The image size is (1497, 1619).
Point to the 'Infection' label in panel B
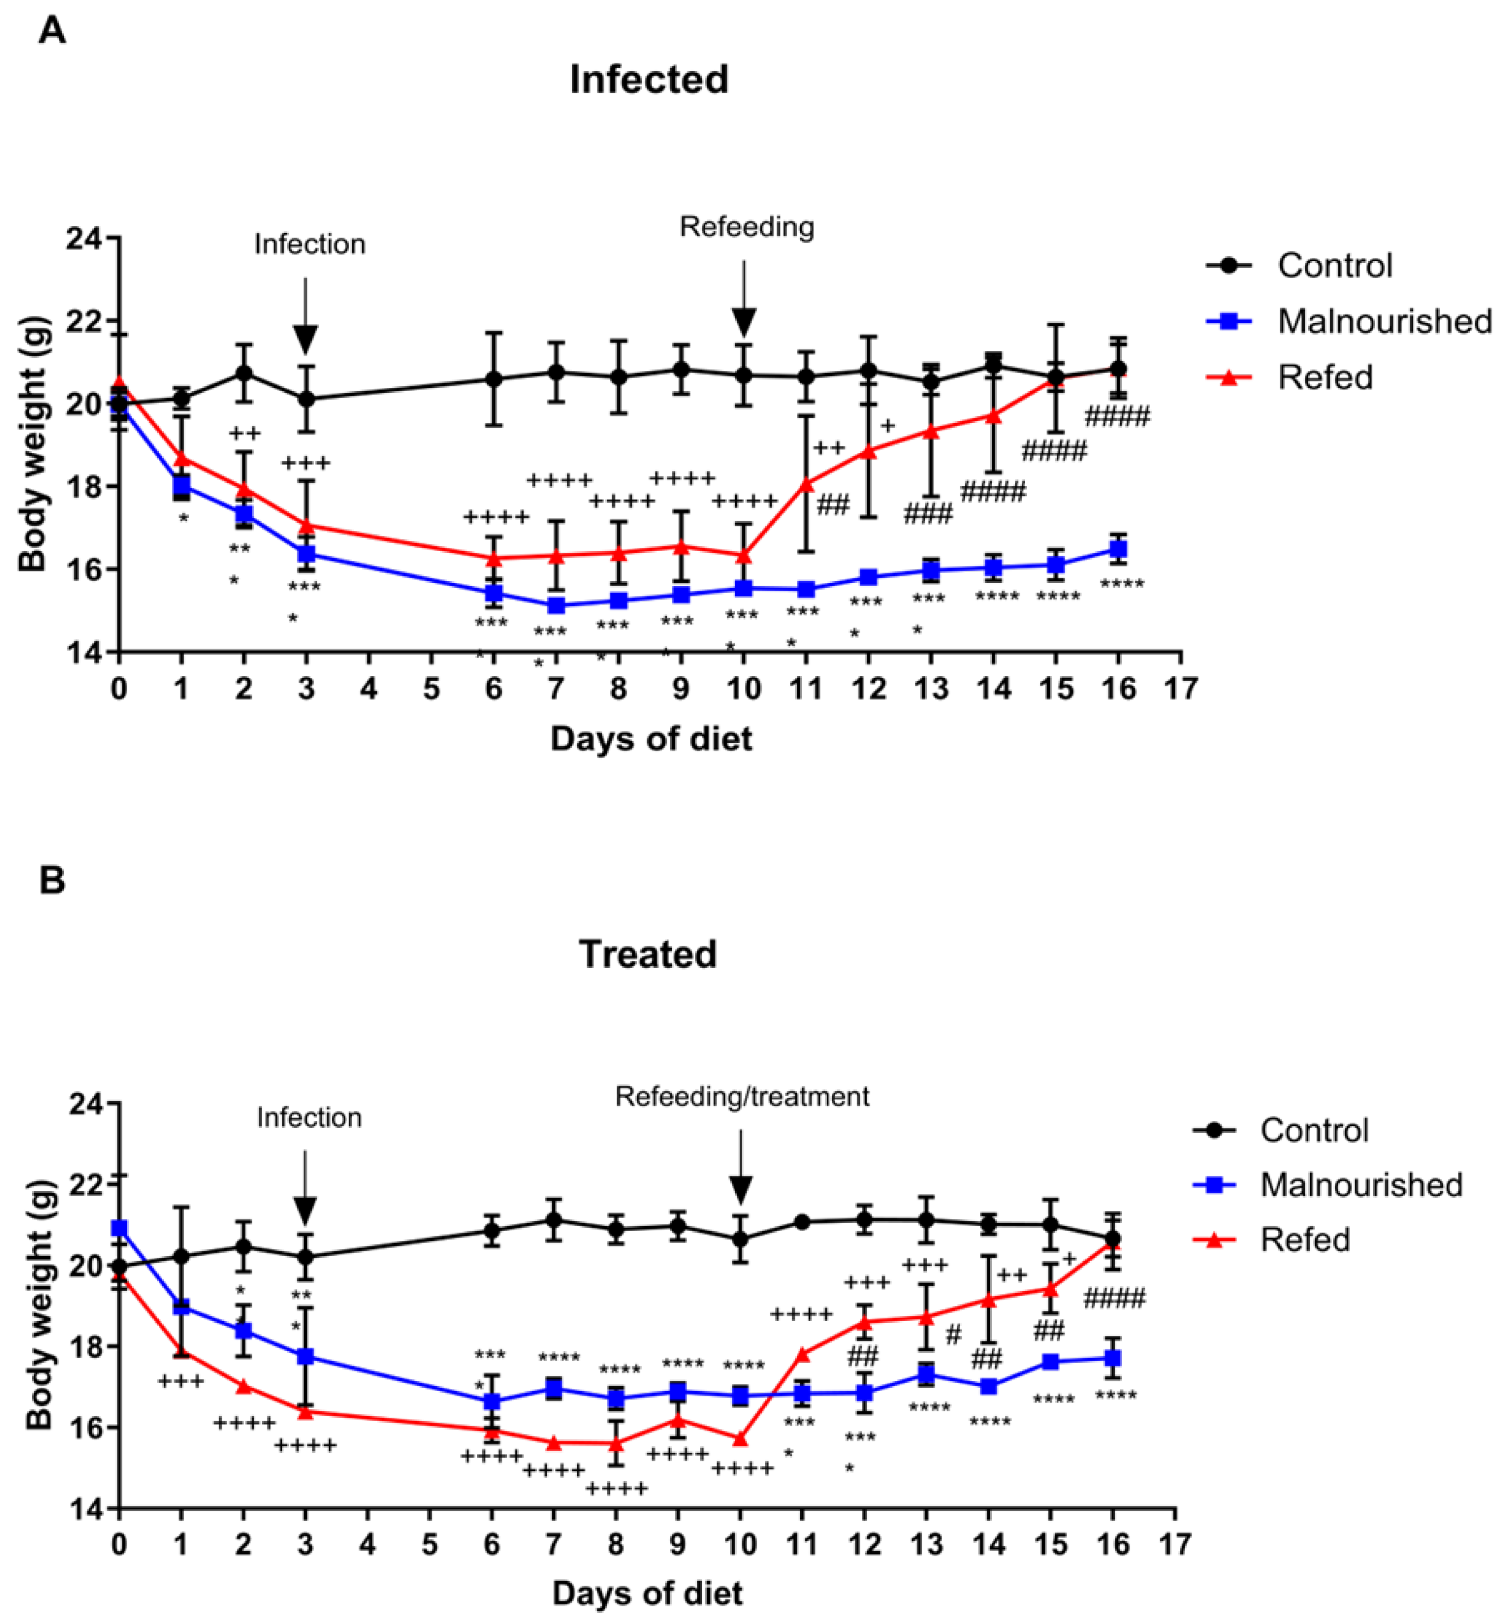(309, 1118)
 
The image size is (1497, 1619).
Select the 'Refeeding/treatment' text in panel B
(741, 1096)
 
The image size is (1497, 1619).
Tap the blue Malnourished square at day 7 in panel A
(556, 605)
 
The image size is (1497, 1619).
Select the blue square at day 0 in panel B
(119, 1228)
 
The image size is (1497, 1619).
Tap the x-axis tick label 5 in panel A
(432, 689)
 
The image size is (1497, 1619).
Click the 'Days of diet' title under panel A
(651, 738)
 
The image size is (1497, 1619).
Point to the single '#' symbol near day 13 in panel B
(953, 1334)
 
